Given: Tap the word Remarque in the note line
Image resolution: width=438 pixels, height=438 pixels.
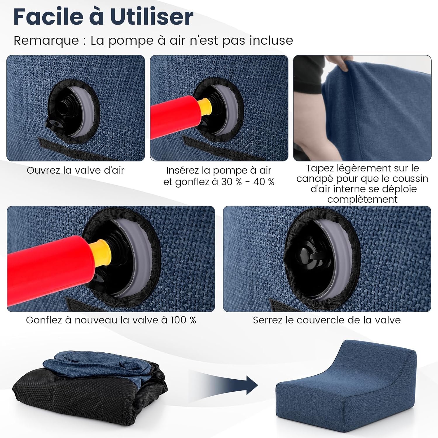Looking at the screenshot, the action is [46, 41].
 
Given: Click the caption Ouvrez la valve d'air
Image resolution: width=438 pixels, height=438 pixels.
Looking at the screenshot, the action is [75, 170].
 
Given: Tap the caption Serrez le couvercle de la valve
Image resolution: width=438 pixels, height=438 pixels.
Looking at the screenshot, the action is [327, 320].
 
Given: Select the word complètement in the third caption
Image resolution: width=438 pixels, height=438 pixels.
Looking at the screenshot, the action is [362, 199].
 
